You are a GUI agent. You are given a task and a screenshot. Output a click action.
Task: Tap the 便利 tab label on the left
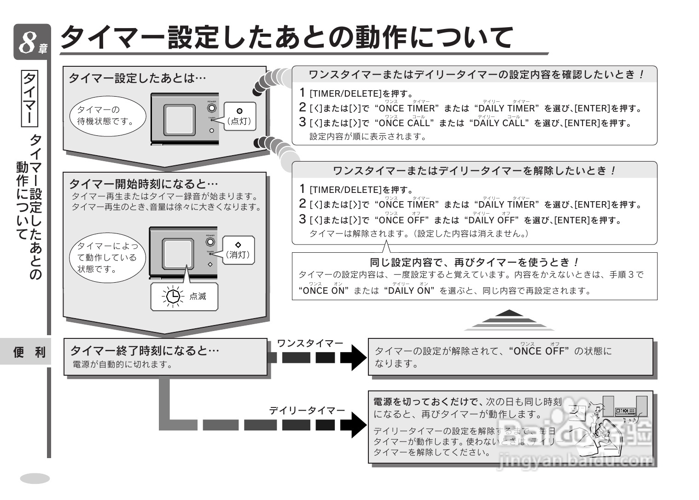click(29, 353)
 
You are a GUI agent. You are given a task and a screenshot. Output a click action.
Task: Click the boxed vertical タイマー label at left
click(30, 98)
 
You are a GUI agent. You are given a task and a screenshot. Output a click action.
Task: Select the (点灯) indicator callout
click(239, 116)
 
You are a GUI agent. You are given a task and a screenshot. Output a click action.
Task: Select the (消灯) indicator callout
click(238, 250)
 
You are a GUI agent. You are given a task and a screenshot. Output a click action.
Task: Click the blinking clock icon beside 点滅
click(173, 297)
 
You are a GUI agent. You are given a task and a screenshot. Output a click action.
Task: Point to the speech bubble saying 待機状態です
click(107, 116)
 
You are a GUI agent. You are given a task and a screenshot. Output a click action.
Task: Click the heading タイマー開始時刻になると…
click(143, 184)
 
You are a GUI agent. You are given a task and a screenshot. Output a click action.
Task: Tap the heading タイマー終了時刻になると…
click(144, 351)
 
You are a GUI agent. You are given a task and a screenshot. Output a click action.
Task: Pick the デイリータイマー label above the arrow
click(307, 410)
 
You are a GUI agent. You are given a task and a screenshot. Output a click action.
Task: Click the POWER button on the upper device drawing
click(211, 108)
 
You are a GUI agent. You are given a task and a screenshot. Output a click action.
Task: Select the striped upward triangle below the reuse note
click(509, 320)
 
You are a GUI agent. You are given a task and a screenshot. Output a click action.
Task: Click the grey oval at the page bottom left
click(35, 478)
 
